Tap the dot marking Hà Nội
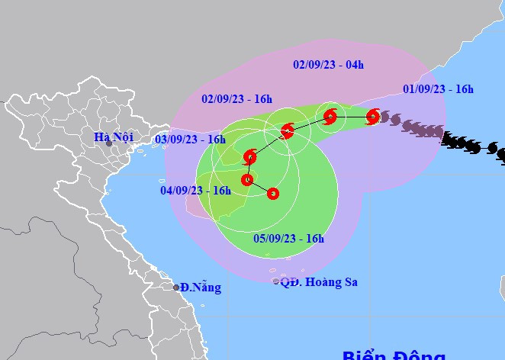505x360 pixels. pos(109,143)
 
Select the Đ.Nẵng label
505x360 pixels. pos(201,288)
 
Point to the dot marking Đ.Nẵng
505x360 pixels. pos(176,288)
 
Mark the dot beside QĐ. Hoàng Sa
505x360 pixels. pos(276,281)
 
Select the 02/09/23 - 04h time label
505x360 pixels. pos(328,65)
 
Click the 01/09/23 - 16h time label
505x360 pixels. pos(439,89)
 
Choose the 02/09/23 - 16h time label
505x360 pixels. pos(237,99)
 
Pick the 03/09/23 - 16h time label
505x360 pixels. pos(190,140)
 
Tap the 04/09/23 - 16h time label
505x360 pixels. pos(195,191)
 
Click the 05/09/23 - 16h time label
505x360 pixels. pos(289,239)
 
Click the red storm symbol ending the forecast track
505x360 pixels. pos(273,194)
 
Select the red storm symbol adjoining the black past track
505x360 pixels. pos(372,117)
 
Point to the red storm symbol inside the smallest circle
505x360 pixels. pos(330,117)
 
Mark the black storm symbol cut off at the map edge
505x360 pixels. pos(501,156)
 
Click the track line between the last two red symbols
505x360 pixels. pos(260,187)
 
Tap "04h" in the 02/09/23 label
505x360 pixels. pos(354,65)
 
